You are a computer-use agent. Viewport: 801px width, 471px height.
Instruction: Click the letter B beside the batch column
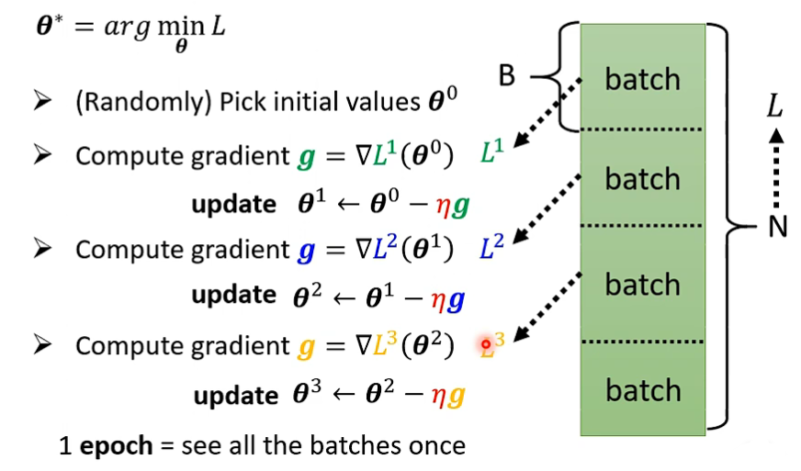point(507,75)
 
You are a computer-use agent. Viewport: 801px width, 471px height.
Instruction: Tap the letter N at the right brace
point(778,226)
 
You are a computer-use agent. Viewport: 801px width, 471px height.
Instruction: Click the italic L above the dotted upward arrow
point(775,108)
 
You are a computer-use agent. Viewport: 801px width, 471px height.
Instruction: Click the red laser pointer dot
point(487,344)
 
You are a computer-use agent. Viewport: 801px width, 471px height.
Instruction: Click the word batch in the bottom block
point(642,391)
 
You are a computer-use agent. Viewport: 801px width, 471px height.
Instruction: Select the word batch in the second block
point(642,178)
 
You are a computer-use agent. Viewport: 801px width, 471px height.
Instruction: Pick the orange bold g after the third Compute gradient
point(306,347)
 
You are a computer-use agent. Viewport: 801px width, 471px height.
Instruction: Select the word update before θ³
point(235,396)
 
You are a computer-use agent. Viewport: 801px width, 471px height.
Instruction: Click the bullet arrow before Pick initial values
point(41,102)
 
